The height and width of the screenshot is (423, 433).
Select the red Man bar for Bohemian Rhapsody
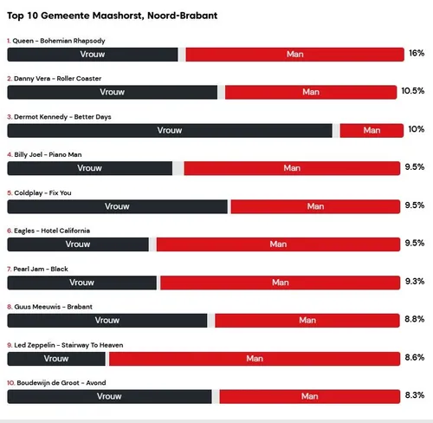tap(294, 54)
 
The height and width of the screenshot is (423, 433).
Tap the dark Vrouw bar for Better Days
tap(170, 130)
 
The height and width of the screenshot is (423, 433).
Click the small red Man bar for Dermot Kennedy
tap(372, 130)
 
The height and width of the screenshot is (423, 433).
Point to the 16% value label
tap(416, 54)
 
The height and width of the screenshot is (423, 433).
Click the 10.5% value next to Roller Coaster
tap(412, 91)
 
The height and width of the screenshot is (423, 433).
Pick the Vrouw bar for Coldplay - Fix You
tap(118, 206)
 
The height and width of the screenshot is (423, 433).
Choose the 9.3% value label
tap(415, 282)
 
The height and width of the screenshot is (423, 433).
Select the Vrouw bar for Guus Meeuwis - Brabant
tap(108, 320)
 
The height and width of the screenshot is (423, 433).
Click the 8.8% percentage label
tap(415, 320)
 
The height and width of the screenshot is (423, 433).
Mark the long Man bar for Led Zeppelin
tap(255, 358)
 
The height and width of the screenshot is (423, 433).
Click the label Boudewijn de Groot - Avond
tap(56, 382)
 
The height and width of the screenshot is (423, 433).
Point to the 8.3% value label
tap(415, 396)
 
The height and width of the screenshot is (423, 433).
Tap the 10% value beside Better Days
tap(416, 130)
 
